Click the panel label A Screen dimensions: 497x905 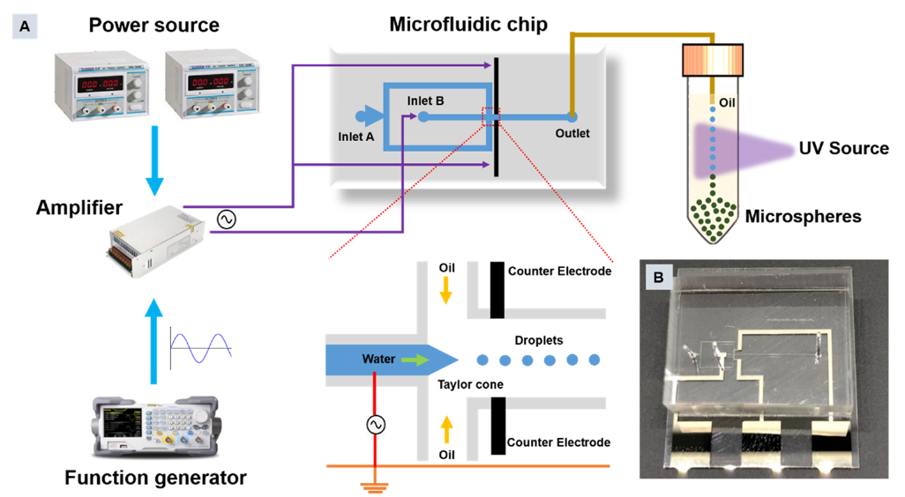(24, 27)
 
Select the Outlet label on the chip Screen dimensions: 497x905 (572, 134)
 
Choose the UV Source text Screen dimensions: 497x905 (843, 148)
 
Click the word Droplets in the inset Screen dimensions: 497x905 (537, 339)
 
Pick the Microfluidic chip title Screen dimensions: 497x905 (467, 24)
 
